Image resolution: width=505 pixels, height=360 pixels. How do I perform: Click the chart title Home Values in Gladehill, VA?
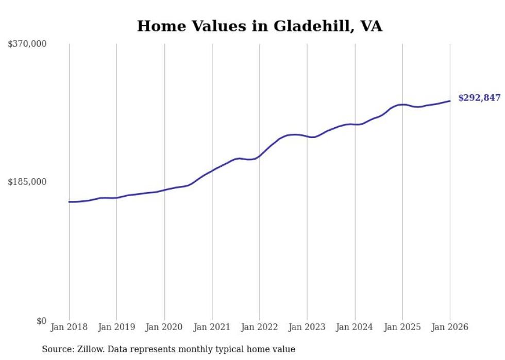click(x=259, y=26)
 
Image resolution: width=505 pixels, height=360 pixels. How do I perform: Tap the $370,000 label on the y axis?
click(x=27, y=44)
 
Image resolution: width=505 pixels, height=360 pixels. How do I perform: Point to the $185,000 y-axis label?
click(x=27, y=182)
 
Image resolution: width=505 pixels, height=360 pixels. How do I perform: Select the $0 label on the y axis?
click(x=41, y=321)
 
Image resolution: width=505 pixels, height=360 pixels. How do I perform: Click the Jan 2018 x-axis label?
click(x=69, y=328)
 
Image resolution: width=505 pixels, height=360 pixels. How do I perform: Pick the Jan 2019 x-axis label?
click(x=116, y=328)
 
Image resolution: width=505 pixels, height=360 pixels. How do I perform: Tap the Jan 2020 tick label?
click(x=164, y=328)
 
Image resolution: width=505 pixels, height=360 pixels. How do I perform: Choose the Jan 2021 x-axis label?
click(x=212, y=328)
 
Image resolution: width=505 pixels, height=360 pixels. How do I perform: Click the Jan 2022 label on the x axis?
click(x=259, y=328)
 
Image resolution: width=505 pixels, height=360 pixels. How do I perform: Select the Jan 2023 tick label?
click(x=307, y=328)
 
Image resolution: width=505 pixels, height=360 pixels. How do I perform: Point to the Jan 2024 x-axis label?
click(x=355, y=328)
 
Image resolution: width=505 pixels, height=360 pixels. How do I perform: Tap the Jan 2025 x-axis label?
click(x=402, y=328)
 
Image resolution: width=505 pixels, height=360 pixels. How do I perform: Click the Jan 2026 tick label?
click(x=449, y=328)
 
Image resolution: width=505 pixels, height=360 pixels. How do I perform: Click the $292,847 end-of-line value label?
click(x=479, y=98)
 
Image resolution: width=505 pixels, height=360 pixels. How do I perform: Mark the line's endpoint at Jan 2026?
click(x=450, y=101)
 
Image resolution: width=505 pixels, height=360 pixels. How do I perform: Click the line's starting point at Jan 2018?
click(x=69, y=202)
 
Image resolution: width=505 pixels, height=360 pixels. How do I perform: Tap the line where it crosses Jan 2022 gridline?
click(x=260, y=156)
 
